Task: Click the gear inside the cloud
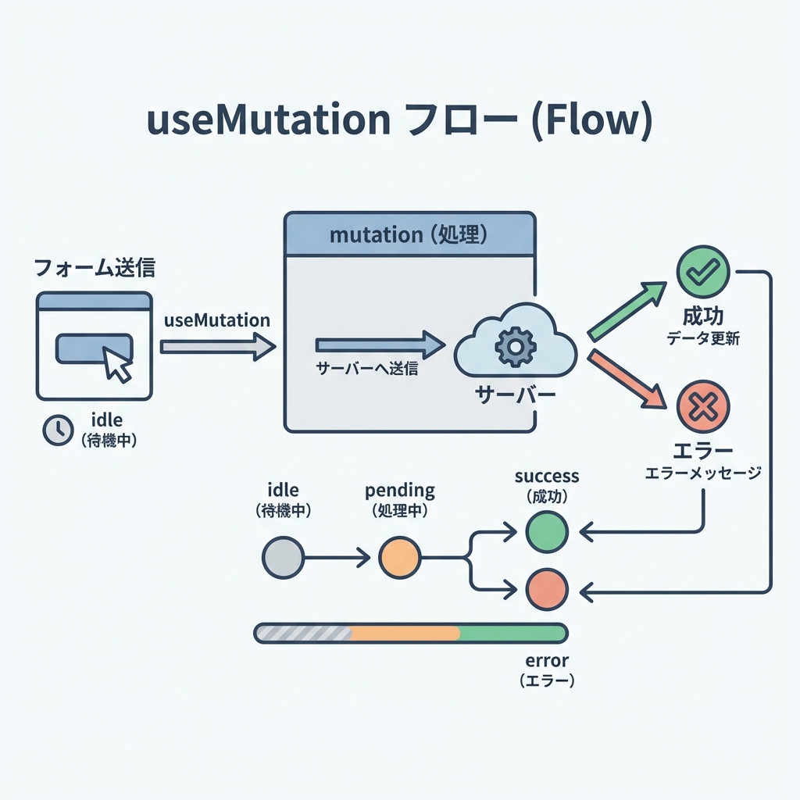point(515,348)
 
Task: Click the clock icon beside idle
point(58,430)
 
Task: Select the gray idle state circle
point(283,558)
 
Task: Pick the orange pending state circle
point(399,558)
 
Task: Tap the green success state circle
point(547,532)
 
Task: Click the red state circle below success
point(547,590)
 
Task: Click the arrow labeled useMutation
point(218,346)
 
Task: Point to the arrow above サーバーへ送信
point(380,345)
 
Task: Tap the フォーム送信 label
point(95,269)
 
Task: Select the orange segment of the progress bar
point(405,633)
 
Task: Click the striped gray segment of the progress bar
point(305,633)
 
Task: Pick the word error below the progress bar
point(547,661)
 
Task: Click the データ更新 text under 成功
point(703,339)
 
